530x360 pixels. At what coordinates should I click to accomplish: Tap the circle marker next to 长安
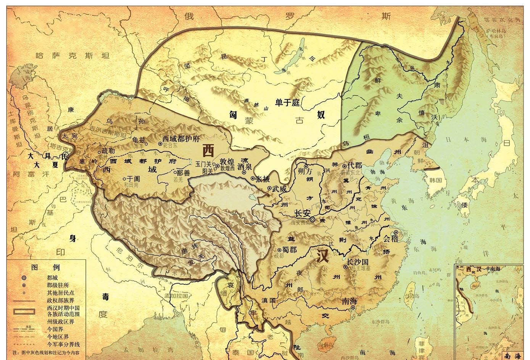click(313, 220)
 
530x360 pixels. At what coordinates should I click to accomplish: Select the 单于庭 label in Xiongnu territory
click(288, 102)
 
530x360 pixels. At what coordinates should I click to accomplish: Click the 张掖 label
click(262, 179)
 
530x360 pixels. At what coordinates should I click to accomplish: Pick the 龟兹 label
click(138, 140)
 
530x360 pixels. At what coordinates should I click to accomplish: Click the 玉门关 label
click(203, 164)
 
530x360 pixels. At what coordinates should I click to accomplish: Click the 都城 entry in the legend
click(53, 278)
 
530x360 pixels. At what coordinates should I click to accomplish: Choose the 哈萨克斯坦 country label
click(72, 56)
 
